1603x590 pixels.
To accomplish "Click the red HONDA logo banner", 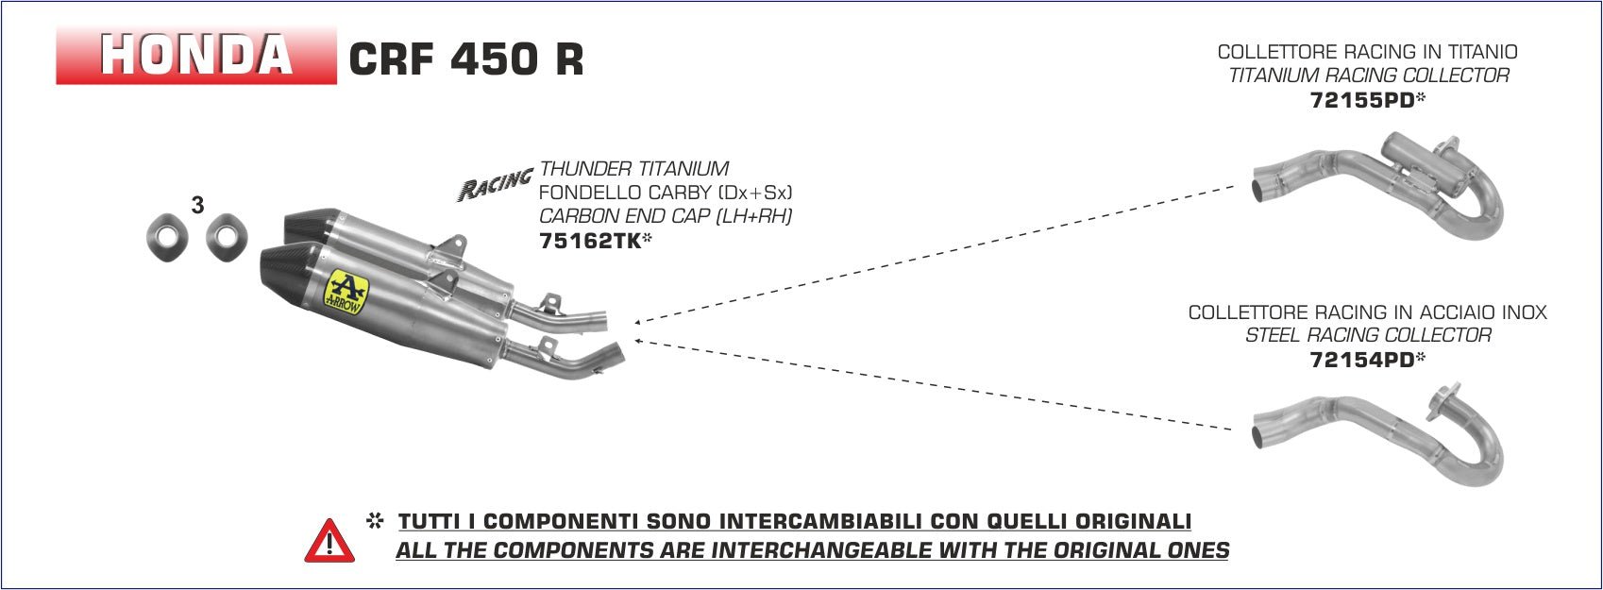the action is coord(196,55).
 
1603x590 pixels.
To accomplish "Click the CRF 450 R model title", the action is coord(465,58).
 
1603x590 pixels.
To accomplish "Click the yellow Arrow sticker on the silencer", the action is coord(346,292).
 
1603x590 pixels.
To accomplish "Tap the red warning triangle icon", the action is coord(329,541).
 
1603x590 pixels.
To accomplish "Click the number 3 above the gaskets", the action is coord(197,206).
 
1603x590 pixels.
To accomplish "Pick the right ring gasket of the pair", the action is coord(227,236).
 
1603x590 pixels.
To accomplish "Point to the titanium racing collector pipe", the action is coord(1377,185).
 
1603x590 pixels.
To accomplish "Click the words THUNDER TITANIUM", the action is coord(634,169).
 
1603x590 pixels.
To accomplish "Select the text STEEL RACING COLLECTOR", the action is coord(1368,335).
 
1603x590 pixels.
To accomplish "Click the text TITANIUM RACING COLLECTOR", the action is coord(1368,76).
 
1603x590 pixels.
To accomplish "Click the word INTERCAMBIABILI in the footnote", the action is coord(779,521).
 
